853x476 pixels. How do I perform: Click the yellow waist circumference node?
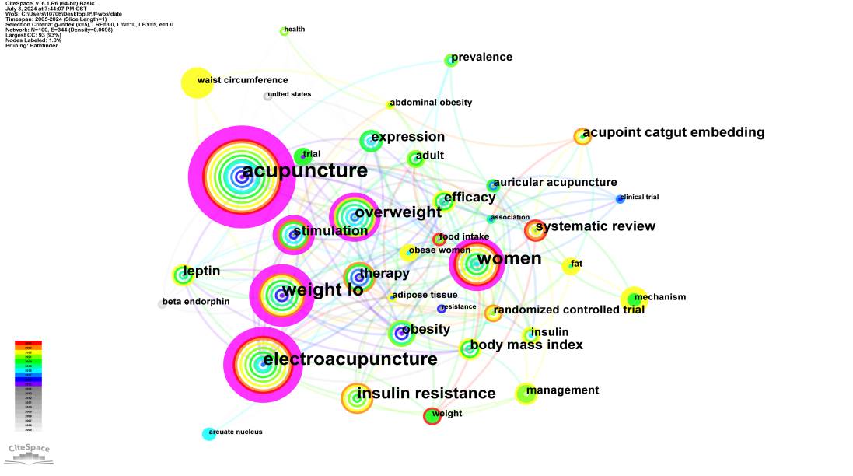[197, 83]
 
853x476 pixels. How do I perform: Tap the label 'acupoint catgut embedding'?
[673, 132]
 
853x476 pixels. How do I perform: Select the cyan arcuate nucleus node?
[208, 433]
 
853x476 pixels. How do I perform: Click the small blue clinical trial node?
[620, 199]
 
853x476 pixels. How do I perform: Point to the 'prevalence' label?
[481, 57]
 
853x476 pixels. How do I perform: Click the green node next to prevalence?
[450, 60]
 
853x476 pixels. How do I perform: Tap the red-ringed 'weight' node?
[432, 416]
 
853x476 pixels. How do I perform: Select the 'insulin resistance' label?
[426, 394]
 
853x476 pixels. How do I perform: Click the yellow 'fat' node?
[571, 266]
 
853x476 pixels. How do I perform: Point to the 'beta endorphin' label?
[196, 302]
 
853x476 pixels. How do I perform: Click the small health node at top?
[284, 31]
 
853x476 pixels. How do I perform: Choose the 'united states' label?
[288, 94]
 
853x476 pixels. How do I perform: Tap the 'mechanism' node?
[634, 298]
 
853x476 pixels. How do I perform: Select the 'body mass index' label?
[526, 345]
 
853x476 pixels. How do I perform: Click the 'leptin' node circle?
[183, 274]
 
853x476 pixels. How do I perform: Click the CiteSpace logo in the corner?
[29, 452]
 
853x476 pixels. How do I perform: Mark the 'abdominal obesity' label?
[431, 103]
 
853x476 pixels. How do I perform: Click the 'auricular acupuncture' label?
[555, 183]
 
